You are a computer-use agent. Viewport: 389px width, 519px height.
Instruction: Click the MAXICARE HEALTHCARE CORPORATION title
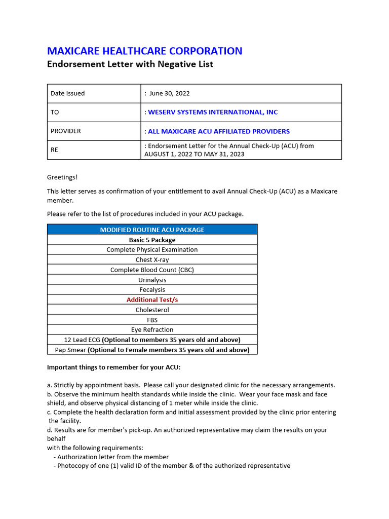coord(144,51)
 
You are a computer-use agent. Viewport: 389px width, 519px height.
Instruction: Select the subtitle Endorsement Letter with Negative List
coord(130,64)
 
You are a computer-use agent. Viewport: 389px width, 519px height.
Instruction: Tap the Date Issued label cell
coord(68,93)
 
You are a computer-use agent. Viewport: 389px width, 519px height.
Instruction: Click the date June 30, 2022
coord(169,93)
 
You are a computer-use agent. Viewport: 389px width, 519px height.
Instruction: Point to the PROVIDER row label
coord(66,131)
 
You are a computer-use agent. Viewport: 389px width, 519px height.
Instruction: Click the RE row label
coord(55,150)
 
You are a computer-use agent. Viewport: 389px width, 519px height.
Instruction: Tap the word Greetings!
coord(63,177)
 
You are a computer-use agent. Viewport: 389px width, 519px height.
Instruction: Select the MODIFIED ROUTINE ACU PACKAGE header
coord(152,230)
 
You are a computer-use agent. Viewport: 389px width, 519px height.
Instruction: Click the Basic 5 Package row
coord(152,240)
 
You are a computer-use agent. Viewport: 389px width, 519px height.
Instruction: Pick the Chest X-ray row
coord(152,259)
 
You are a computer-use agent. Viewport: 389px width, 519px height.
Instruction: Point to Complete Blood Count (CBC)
coord(152,270)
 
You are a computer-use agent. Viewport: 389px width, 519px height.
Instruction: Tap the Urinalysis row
coord(152,280)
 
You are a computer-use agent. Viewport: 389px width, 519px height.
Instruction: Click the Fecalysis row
coord(152,289)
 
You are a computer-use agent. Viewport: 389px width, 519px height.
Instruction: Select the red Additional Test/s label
coord(152,300)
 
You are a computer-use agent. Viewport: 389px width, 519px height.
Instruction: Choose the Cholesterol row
coord(152,310)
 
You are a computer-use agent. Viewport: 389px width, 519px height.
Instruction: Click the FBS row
coord(152,320)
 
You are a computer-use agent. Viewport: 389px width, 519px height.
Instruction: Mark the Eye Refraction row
coord(152,329)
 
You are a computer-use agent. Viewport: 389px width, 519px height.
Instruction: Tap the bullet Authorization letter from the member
coord(112,457)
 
